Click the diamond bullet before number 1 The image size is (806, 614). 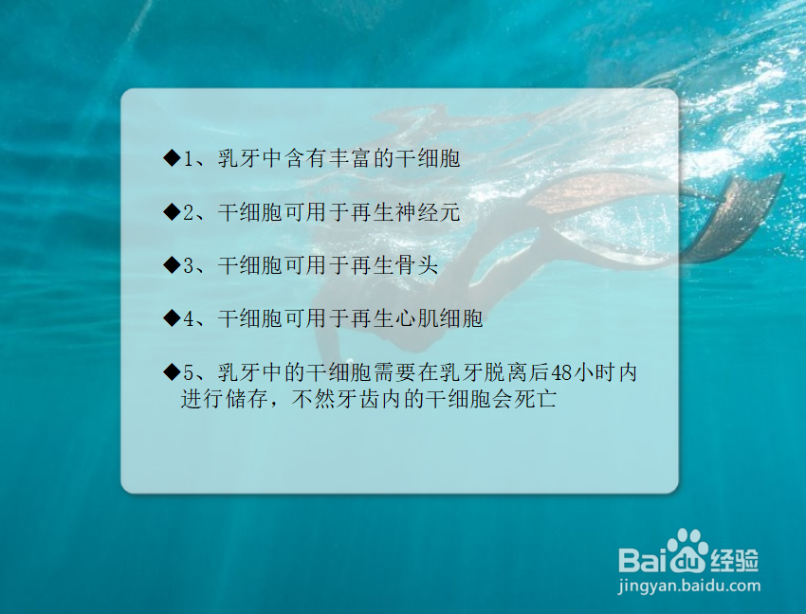tap(171, 158)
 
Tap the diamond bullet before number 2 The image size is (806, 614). tap(171, 212)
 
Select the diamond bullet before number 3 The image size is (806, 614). tap(171, 265)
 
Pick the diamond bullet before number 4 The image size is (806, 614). tap(171, 318)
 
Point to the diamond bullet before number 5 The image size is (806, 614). tap(171, 371)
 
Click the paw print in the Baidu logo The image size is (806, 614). tap(686, 550)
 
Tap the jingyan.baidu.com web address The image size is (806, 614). tap(688, 585)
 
